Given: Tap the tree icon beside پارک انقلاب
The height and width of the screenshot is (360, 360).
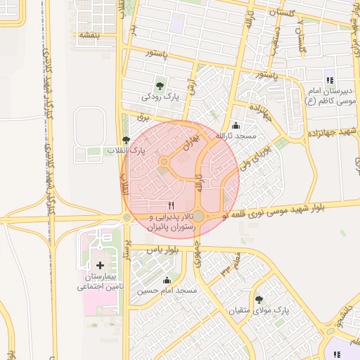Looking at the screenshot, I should pos(126,140).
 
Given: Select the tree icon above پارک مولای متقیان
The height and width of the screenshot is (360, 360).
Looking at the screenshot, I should pos(259,300).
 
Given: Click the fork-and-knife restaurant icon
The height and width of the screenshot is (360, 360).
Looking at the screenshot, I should pos(171,205).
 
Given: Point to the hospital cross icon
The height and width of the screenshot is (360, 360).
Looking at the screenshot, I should pos(99,266).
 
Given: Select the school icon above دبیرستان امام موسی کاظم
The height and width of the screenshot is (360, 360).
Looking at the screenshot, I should pos(329,80).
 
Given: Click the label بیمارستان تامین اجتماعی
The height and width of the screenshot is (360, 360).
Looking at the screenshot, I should pos(99,283).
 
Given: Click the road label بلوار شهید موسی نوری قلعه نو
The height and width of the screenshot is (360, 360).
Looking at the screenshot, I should pos(295,208).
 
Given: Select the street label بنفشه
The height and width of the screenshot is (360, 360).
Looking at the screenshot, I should pos(90,34).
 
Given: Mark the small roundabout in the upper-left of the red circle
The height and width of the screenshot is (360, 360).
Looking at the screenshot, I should pos(164,163).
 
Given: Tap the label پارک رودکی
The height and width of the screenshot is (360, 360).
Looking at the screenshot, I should pos(158,97).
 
